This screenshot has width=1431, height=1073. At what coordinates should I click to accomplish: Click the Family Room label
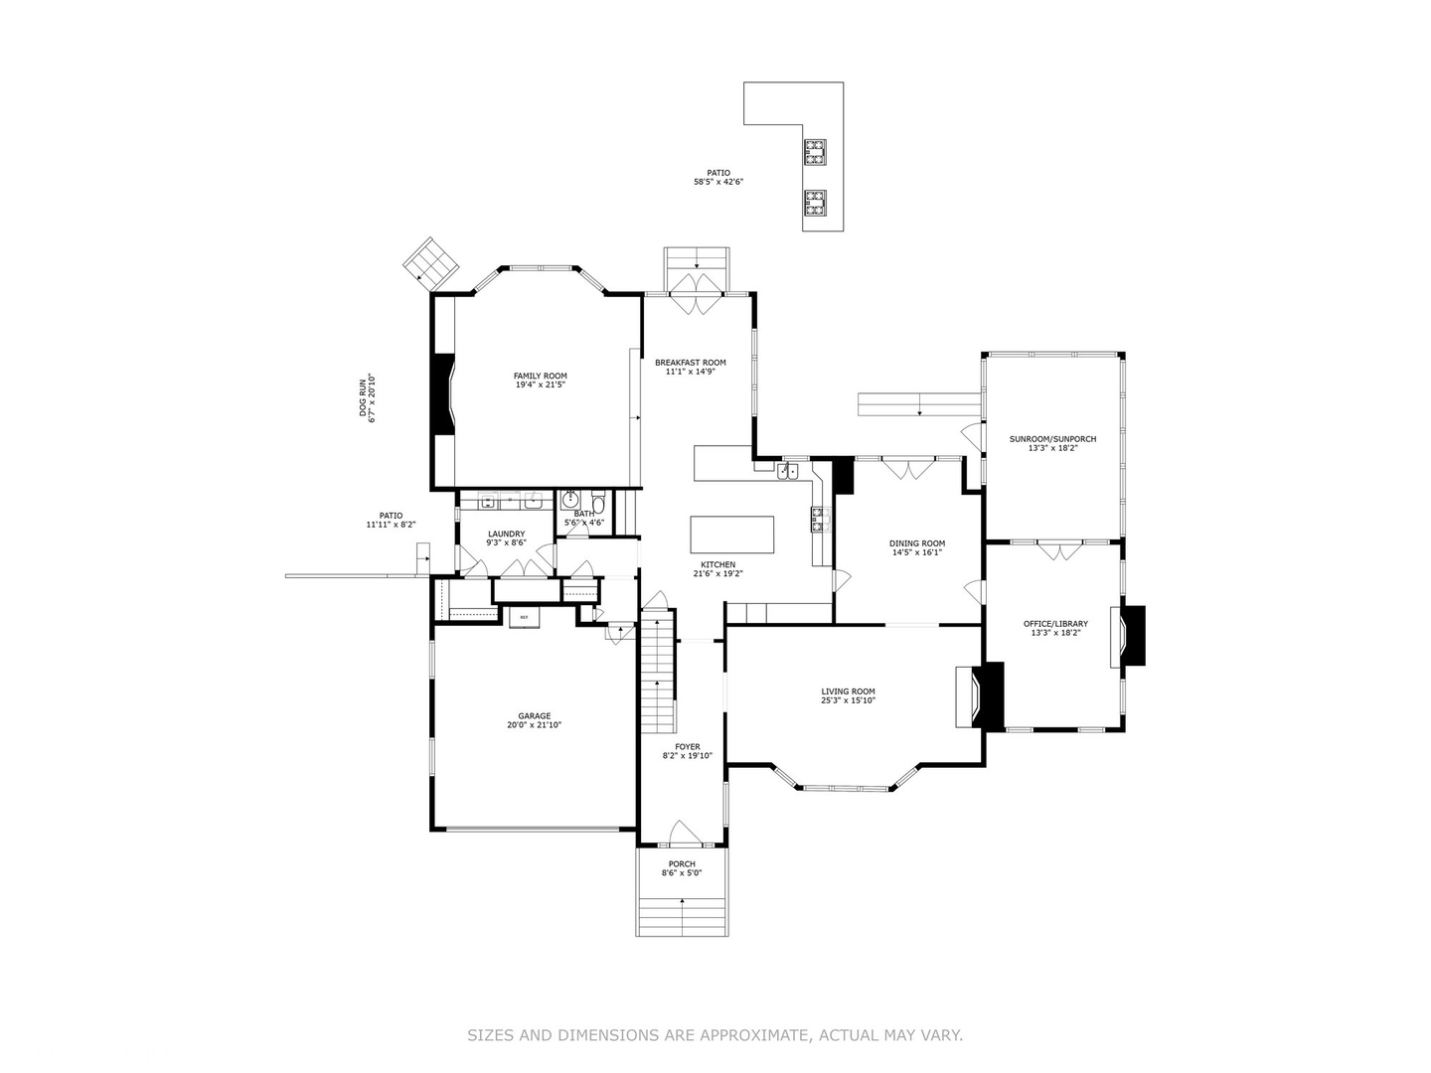(x=540, y=376)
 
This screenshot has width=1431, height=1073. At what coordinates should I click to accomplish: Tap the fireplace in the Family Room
(x=443, y=393)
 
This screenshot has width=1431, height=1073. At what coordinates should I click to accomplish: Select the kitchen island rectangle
(x=732, y=534)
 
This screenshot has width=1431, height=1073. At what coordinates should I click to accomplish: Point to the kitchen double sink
(x=787, y=471)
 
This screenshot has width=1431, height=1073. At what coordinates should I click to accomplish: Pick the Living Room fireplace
(x=979, y=696)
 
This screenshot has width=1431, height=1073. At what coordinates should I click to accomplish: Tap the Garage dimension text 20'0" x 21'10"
(x=534, y=725)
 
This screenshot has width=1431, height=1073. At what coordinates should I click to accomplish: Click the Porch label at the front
(x=682, y=863)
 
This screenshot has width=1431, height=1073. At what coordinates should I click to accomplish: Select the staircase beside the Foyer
(x=657, y=676)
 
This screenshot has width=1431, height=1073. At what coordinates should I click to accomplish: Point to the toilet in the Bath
(x=597, y=501)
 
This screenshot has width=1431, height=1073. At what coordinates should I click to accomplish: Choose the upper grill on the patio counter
(x=815, y=153)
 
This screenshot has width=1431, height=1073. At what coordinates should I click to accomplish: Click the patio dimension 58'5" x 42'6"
(x=718, y=183)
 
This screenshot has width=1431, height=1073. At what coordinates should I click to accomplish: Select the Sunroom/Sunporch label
(x=1052, y=438)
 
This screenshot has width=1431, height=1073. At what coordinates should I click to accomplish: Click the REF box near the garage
(x=525, y=618)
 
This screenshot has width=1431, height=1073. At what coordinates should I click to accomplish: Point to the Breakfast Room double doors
(x=697, y=297)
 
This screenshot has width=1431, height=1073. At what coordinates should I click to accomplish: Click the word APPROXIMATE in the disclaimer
(x=755, y=1035)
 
